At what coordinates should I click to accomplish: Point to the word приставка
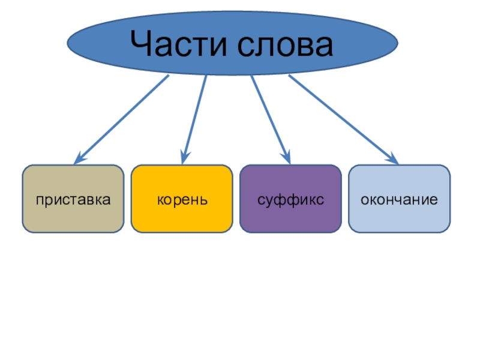(x=73, y=199)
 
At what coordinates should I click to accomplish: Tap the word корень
(x=182, y=199)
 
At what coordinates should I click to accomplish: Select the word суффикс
(x=290, y=199)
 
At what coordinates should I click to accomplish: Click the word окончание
(x=399, y=199)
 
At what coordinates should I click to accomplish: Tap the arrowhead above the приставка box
(x=78, y=160)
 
